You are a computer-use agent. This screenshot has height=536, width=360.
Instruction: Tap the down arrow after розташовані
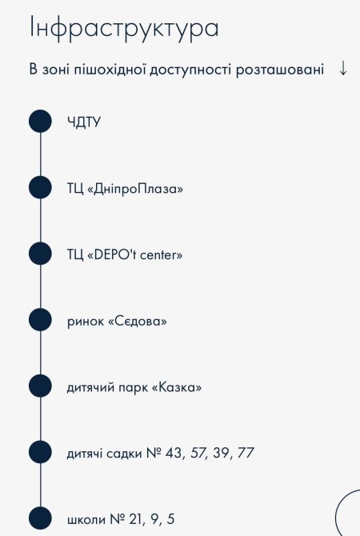[343, 68]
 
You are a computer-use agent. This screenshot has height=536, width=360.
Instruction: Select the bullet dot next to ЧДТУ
[40, 121]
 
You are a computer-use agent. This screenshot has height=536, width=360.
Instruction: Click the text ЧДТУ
[84, 122]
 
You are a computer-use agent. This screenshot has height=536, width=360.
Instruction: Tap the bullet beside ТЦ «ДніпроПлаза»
[40, 187]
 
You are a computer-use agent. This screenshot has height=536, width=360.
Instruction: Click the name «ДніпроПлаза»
[135, 189]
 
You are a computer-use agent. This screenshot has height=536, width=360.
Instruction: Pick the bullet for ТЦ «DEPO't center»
[40, 254]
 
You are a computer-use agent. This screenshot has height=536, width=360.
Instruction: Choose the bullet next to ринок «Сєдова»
[40, 320]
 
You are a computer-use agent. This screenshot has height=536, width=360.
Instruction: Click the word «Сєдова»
[138, 322]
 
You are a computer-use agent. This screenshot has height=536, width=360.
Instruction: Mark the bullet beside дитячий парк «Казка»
[40, 386]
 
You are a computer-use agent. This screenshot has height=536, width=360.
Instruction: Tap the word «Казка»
[177, 387]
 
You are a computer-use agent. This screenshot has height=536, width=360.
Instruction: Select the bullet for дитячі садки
[40, 452]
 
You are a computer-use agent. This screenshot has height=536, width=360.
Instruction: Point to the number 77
[246, 453]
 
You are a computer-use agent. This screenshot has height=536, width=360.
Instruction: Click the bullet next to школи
[40, 518]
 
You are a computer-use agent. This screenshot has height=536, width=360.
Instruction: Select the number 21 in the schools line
[137, 519]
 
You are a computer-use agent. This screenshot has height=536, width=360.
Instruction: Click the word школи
[86, 519]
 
